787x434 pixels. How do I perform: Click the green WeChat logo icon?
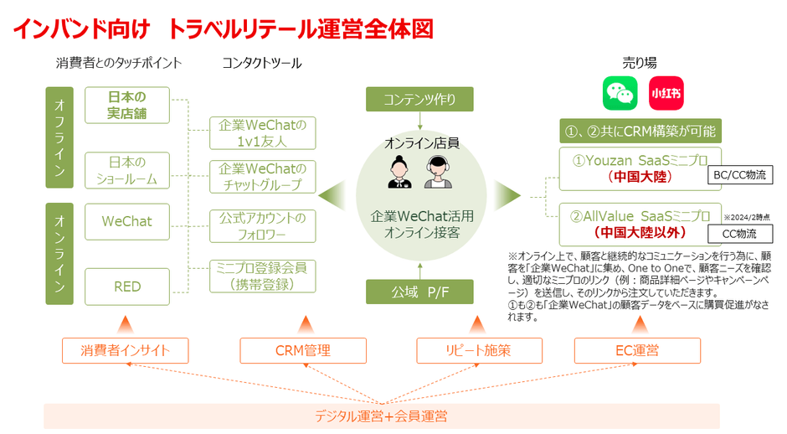click(620, 94)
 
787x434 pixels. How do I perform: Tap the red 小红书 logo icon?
click(666, 94)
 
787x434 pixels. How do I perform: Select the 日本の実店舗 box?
click(127, 105)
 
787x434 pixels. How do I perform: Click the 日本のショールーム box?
click(127, 170)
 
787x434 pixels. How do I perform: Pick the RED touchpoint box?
click(127, 287)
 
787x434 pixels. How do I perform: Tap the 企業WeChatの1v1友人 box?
click(262, 133)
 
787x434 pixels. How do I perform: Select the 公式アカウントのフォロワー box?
click(262, 226)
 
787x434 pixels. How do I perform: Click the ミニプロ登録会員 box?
click(262, 276)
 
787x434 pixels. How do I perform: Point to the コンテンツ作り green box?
click(419, 99)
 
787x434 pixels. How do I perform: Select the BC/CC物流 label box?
click(737, 175)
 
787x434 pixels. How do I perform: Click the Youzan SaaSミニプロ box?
click(640, 168)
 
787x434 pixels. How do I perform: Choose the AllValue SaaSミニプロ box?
click(640, 222)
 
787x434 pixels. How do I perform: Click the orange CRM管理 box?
click(302, 350)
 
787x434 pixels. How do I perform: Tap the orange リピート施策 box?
click(480, 350)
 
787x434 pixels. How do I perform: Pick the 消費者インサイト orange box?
click(126, 350)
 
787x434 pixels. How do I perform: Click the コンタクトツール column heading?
click(262, 64)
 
